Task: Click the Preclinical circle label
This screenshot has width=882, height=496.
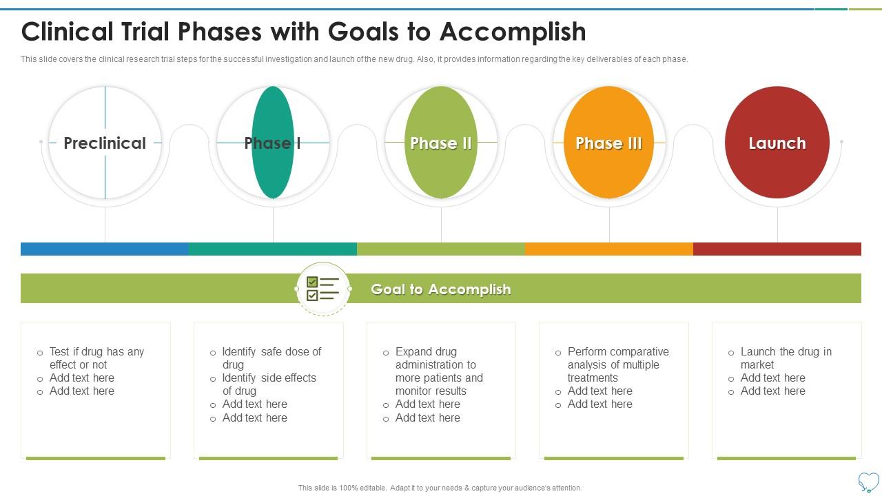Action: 105,143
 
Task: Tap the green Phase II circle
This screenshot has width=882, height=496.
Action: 441,143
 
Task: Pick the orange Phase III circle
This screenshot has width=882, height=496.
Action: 608,143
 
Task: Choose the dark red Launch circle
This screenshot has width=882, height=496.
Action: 777,143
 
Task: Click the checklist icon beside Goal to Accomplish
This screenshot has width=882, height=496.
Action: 322,289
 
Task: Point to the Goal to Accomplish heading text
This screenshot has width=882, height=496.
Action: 441,289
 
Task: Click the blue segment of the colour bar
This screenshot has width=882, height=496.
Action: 105,249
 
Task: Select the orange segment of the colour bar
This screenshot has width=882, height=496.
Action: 609,249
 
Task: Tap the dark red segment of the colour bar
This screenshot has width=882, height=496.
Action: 777,249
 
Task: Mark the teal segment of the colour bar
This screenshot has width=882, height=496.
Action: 273,249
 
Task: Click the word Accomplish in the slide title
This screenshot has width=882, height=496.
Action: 513,32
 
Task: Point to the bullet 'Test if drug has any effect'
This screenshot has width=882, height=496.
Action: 96,358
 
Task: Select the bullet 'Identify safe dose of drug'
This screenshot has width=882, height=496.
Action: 271,358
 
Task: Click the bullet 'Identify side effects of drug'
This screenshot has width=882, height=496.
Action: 269,384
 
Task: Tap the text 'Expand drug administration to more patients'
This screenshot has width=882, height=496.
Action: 439,371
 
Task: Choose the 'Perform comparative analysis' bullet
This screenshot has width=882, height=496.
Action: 617,364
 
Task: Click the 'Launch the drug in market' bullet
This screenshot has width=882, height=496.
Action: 786,358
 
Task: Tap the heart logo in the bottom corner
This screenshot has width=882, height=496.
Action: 869,481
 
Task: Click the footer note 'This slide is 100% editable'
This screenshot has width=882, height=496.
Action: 440,488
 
